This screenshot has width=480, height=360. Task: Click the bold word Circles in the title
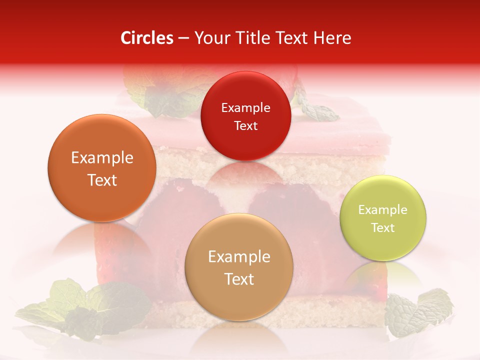tap(147, 38)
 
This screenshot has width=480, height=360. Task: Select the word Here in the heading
tap(332, 38)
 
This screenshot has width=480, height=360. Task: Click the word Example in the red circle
tap(245, 108)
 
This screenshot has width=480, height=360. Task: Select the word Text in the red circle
tap(245, 126)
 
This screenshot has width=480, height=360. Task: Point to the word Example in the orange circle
tap(102, 158)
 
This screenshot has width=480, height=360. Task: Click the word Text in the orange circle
tap(102, 180)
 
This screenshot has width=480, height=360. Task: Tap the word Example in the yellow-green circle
tap(382, 210)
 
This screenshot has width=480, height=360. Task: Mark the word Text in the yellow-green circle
tap(382, 228)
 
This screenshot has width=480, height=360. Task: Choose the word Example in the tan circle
tap(239, 257)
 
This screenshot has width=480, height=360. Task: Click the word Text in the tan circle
tap(239, 279)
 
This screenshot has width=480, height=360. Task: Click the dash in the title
tap(183, 38)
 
